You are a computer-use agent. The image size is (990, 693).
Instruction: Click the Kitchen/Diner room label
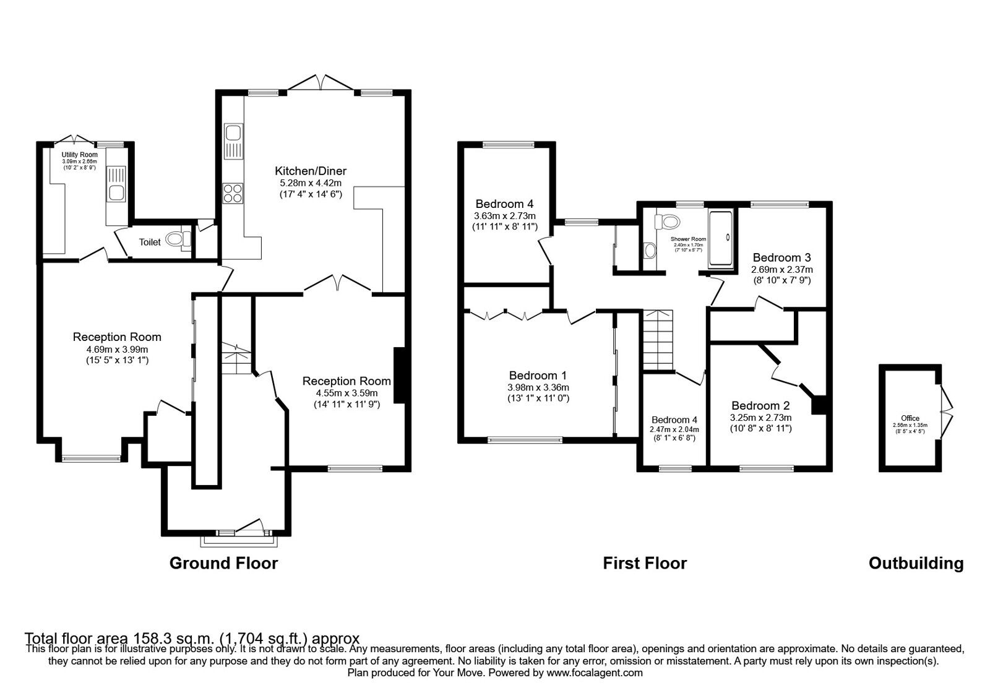click(x=311, y=171)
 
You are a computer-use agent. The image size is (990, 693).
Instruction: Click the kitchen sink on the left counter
click(x=233, y=134)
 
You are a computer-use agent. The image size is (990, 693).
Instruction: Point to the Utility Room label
click(x=79, y=155)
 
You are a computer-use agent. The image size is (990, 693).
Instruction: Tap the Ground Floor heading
click(x=223, y=563)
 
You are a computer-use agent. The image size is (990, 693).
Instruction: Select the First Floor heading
click(x=645, y=563)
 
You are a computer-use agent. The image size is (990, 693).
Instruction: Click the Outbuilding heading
click(x=916, y=563)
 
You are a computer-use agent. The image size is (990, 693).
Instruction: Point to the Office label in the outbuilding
click(x=910, y=418)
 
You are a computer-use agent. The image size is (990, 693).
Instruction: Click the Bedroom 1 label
click(x=538, y=376)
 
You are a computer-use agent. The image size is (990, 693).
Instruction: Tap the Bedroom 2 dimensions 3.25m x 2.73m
click(x=760, y=417)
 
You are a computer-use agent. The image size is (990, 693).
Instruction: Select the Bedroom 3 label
click(x=781, y=257)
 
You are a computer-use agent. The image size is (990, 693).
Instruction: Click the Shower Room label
click(x=688, y=239)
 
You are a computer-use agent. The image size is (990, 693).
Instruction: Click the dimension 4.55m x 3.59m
click(x=346, y=393)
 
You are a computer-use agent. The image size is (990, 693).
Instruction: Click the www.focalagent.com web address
click(x=594, y=673)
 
